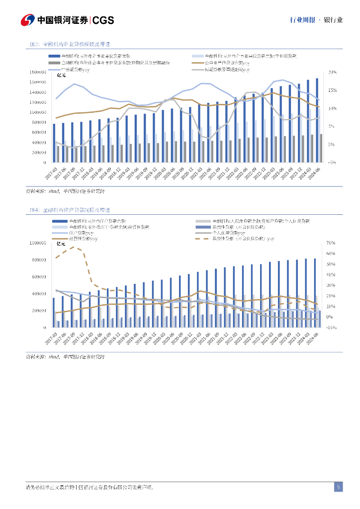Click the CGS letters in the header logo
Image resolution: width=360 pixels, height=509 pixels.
coord(103,20)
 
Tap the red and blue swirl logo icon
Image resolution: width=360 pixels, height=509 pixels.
coord(27,20)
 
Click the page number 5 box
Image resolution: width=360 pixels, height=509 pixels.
coord(338,487)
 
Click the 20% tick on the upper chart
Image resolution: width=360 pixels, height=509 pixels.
coord(333,72)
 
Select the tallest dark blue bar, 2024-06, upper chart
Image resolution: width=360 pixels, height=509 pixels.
coord(317,120)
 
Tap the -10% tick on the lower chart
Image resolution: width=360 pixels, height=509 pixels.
coord(332,328)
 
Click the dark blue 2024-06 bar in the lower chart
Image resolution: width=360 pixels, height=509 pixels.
coord(315,293)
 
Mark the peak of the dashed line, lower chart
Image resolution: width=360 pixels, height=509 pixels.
coord(74,247)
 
